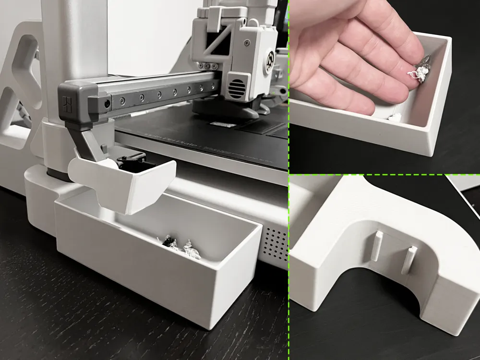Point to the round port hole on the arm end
pos(106,103)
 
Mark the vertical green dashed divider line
pos(288,192)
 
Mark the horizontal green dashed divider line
pos(384,174)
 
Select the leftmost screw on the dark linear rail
pos(122,100)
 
